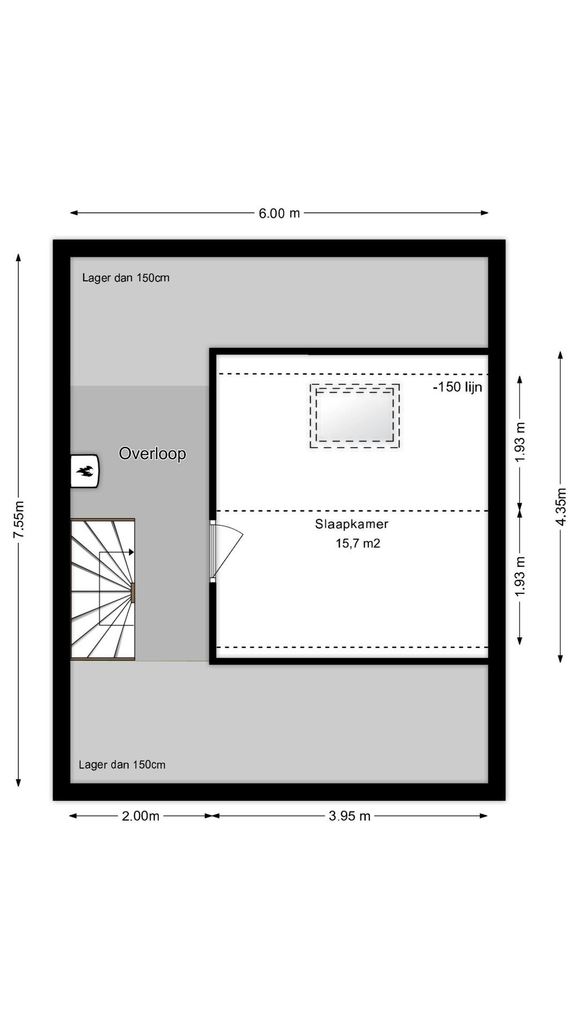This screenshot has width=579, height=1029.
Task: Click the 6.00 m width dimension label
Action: click(279, 213)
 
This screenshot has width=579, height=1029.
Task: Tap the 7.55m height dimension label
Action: click(19, 520)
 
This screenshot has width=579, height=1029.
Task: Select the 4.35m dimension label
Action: click(561, 506)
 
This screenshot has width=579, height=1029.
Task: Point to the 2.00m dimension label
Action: click(140, 816)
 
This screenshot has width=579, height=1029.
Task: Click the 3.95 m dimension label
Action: click(350, 816)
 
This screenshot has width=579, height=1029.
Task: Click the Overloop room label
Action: click(152, 453)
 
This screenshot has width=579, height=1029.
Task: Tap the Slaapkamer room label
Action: click(352, 524)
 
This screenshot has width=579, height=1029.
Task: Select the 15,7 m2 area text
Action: click(358, 543)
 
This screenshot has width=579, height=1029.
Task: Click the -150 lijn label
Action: click(457, 387)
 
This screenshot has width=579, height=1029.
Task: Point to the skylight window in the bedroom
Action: click(354, 415)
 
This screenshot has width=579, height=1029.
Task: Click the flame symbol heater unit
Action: click(85, 471)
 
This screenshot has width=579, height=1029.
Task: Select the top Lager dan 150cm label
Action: click(125, 278)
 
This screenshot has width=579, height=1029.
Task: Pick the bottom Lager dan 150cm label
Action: click(122, 765)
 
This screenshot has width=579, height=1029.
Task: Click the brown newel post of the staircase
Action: click(133, 593)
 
